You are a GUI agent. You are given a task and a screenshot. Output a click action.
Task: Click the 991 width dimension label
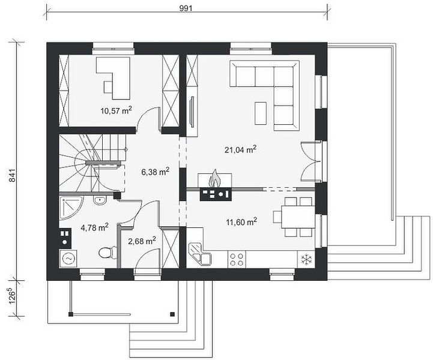(186, 8)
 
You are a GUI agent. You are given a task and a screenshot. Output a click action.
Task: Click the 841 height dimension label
(13, 175)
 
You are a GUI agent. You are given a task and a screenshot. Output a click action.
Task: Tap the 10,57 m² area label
(116, 110)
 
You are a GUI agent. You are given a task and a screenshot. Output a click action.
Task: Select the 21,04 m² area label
(241, 149)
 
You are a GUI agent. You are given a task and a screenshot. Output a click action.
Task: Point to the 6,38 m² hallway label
(155, 172)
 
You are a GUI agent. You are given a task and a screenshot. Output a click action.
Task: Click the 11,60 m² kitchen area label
(241, 221)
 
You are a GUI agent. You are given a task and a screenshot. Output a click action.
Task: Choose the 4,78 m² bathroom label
(94, 227)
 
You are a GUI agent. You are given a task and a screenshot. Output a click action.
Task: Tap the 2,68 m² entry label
(142, 241)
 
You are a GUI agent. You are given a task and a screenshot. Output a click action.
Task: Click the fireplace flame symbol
(214, 179)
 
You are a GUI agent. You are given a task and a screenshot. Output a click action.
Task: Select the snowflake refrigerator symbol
(306, 259)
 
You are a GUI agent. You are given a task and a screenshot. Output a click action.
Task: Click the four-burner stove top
(237, 259)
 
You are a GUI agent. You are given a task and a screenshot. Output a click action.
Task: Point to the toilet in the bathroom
(107, 252)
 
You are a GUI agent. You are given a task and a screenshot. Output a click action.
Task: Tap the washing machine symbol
(68, 259)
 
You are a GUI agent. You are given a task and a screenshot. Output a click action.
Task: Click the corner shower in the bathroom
(70, 208)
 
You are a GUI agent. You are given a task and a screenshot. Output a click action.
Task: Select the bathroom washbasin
(100, 200)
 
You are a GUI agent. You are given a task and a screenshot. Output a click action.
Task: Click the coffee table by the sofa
(261, 113)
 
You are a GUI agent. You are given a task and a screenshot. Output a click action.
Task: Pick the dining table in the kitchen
(298, 217)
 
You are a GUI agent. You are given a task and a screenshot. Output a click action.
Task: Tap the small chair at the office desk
(108, 87)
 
